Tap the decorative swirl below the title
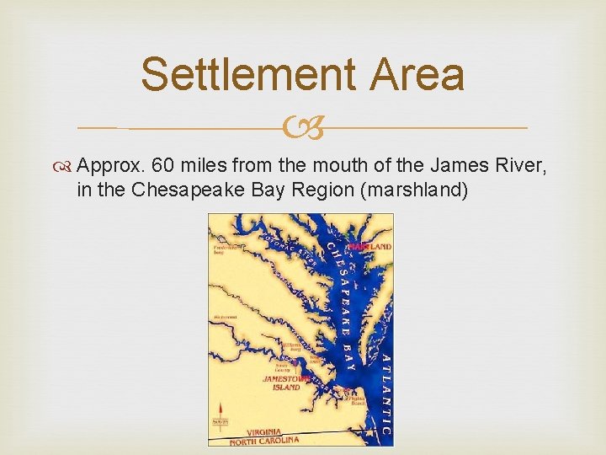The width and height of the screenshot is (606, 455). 303,129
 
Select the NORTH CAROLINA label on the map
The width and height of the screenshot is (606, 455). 264,441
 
